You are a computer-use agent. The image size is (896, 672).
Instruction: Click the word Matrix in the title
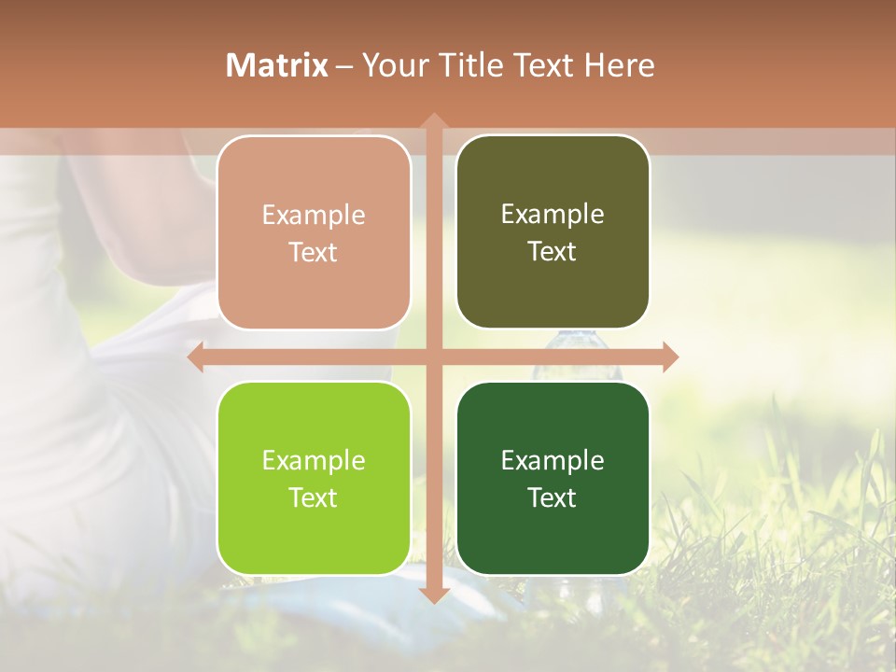(x=277, y=65)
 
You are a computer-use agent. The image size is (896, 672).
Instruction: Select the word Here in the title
(x=620, y=65)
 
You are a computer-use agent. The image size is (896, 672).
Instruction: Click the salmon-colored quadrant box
(x=314, y=232)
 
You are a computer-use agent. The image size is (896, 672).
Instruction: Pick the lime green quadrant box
(x=314, y=478)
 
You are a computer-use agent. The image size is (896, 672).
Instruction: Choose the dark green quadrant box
(x=553, y=478)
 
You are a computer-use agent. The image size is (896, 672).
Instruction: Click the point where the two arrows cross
(x=433, y=357)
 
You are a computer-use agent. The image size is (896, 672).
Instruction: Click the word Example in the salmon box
(x=314, y=216)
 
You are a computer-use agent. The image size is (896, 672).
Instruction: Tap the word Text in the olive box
(x=553, y=251)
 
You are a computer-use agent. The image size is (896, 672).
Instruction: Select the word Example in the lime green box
(x=314, y=461)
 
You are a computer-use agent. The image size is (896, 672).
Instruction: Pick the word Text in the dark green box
(x=553, y=497)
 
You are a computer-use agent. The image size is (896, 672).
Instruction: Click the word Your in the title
(x=392, y=65)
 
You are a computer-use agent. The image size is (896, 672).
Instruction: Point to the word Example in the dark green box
(x=553, y=460)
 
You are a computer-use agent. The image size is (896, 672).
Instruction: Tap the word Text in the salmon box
(x=314, y=252)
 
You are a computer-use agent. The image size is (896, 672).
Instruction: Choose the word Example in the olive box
(x=553, y=215)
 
